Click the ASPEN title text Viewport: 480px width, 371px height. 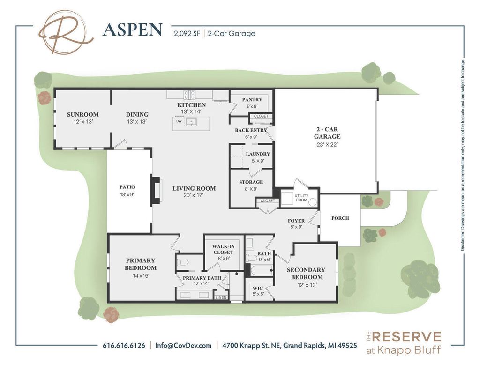[x=132, y=30]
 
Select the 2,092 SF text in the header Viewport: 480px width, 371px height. [x=187, y=33]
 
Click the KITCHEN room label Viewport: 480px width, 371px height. [x=191, y=105]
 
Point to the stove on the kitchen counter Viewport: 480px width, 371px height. [x=189, y=95]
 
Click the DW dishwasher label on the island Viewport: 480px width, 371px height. [x=179, y=121]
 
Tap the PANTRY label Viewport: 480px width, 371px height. [x=252, y=100]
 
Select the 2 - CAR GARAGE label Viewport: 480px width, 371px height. [x=327, y=133]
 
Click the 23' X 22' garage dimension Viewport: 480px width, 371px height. [x=327, y=145]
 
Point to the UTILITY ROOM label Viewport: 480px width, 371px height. [x=300, y=197]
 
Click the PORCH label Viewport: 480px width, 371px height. [x=340, y=218]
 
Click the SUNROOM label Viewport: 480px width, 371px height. [x=82, y=114]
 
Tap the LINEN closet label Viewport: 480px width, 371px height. [x=220, y=297]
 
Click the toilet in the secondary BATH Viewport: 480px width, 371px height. [x=252, y=257]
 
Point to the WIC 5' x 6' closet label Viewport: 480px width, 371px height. [x=258, y=291]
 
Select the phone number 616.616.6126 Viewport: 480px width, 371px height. [x=124, y=346]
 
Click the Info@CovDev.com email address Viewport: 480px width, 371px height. [x=183, y=346]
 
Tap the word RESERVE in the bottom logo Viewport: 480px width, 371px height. [x=406, y=337]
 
